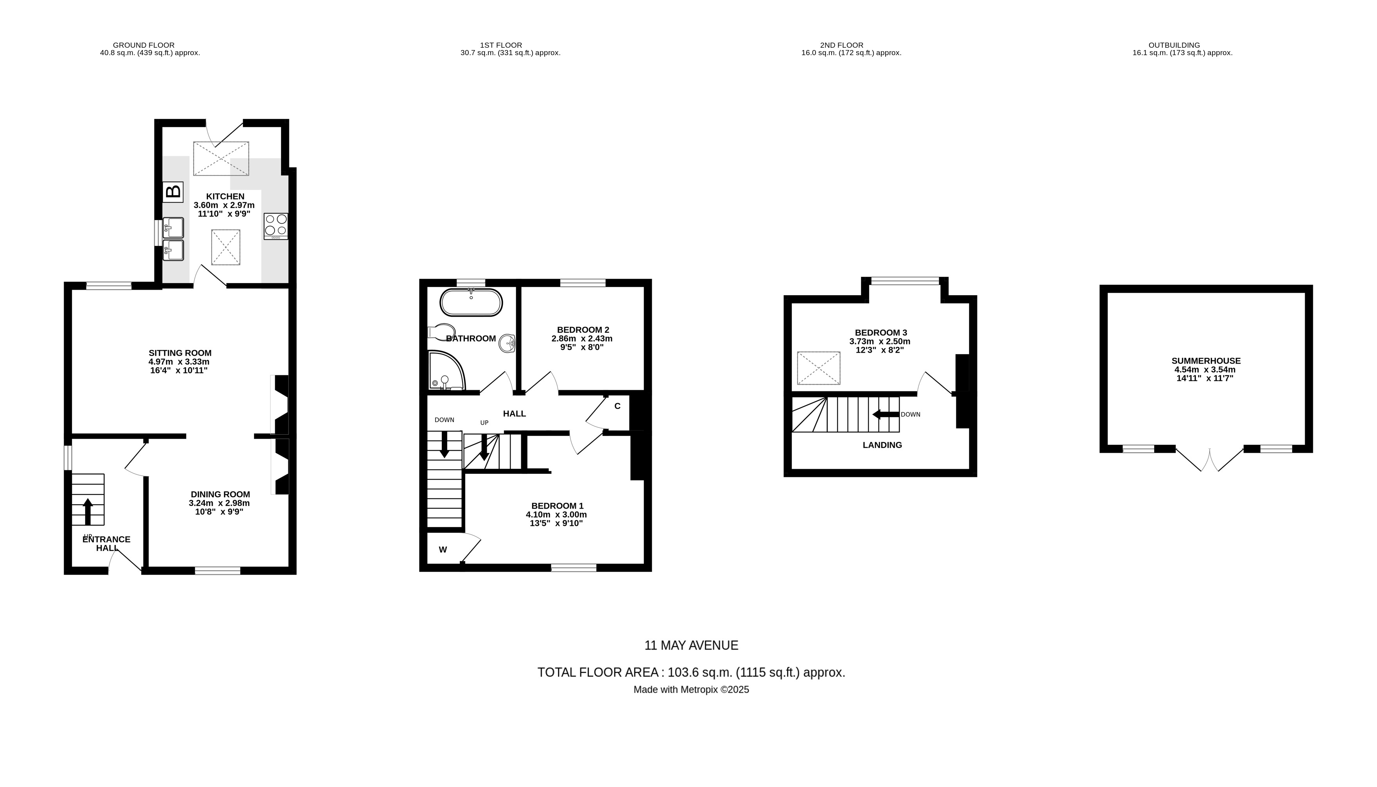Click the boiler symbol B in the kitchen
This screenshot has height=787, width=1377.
tap(173, 192)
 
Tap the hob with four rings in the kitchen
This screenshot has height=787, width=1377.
tap(276, 226)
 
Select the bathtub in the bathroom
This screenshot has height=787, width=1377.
tap(471, 302)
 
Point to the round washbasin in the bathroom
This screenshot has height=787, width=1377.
tap(507, 343)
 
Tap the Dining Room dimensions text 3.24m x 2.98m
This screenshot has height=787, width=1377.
tap(219, 503)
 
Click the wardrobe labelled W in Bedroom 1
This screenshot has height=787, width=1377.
tap(443, 550)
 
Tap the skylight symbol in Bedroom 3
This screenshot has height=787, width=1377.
tap(819, 368)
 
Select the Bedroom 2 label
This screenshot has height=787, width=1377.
tap(583, 330)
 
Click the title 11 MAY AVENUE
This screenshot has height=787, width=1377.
tap(691, 645)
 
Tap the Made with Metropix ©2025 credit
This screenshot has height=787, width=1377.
tap(691, 690)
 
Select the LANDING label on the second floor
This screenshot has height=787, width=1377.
tap(882, 445)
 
